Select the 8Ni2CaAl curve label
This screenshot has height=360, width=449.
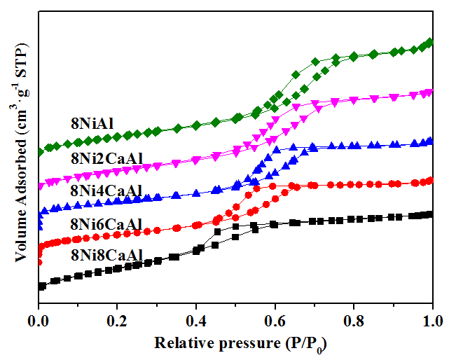click(x=107, y=158)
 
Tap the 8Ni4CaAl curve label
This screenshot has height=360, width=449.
click(x=107, y=191)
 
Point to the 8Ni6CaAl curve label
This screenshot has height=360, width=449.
click(x=107, y=224)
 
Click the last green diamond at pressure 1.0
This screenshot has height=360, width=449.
click(x=429, y=42)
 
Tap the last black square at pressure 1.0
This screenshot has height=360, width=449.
click(x=429, y=214)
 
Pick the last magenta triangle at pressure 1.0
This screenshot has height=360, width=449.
click(x=429, y=92)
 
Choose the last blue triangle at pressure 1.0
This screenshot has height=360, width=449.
click(x=429, y=141)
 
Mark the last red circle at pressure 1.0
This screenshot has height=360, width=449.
click(x=429, y=180)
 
